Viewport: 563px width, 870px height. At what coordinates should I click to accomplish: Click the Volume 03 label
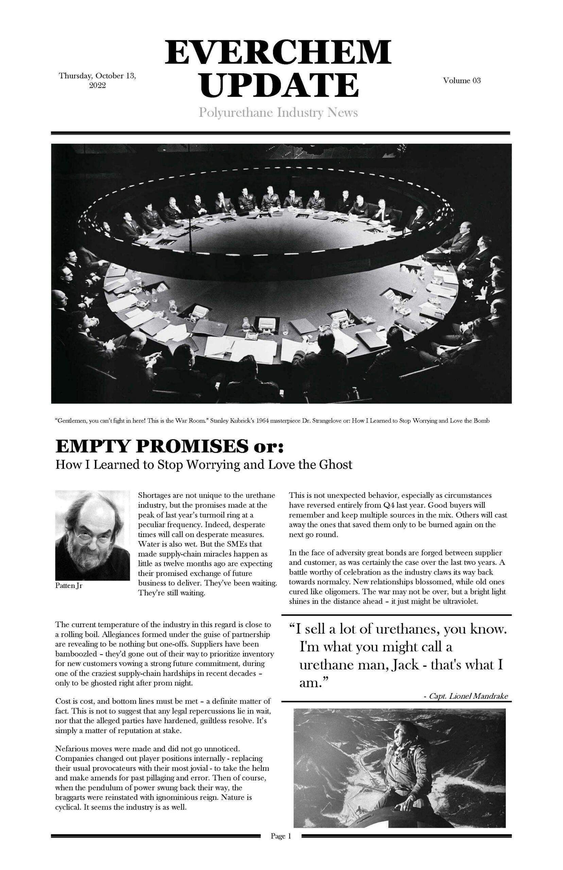tap(462, 81)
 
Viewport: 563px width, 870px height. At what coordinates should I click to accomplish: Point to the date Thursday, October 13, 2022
tap(98, 81)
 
